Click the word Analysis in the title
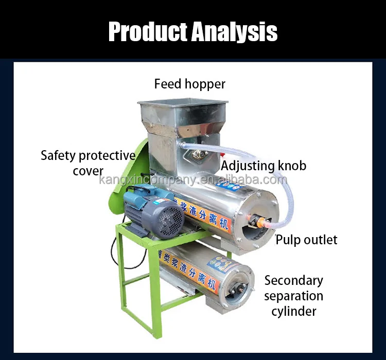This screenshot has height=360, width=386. [234, 32]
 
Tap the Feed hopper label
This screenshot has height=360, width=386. [190, 84]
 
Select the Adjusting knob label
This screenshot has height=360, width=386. [264, 166]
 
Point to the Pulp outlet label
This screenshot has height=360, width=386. [306, 240]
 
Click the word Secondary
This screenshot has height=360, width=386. [294, 280]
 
